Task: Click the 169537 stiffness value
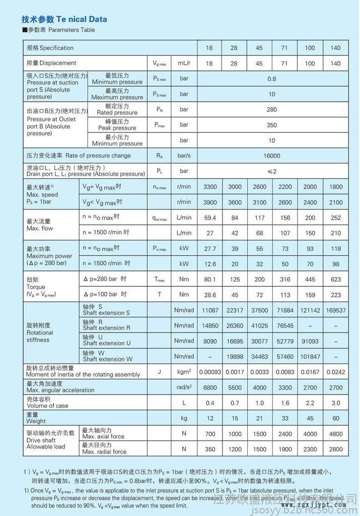click(x=336, y=310)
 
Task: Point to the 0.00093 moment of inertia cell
click(x=210, y=372)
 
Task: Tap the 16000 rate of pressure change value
click(x=272, y=156)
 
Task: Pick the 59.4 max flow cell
click(x=209, y=218)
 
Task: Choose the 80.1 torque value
click(x=209, y=280)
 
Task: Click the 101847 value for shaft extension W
click(x=310, y=357)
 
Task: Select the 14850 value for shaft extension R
click(x=209, y=326)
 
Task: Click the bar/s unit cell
click(x=184, y=156)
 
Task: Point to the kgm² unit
click(x=184, y=372)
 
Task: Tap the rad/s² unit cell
click(x=184, y=387)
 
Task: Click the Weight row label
click(x=36, y=421)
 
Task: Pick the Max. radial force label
click(x=104, y=451)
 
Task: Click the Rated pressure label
click(x=117, y=113)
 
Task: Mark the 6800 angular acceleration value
click(x=209, y=388)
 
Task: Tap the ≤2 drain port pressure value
click(x=272, y=171)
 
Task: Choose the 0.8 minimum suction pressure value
click(x=272, y=79)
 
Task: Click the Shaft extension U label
click(x=107, y=343)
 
